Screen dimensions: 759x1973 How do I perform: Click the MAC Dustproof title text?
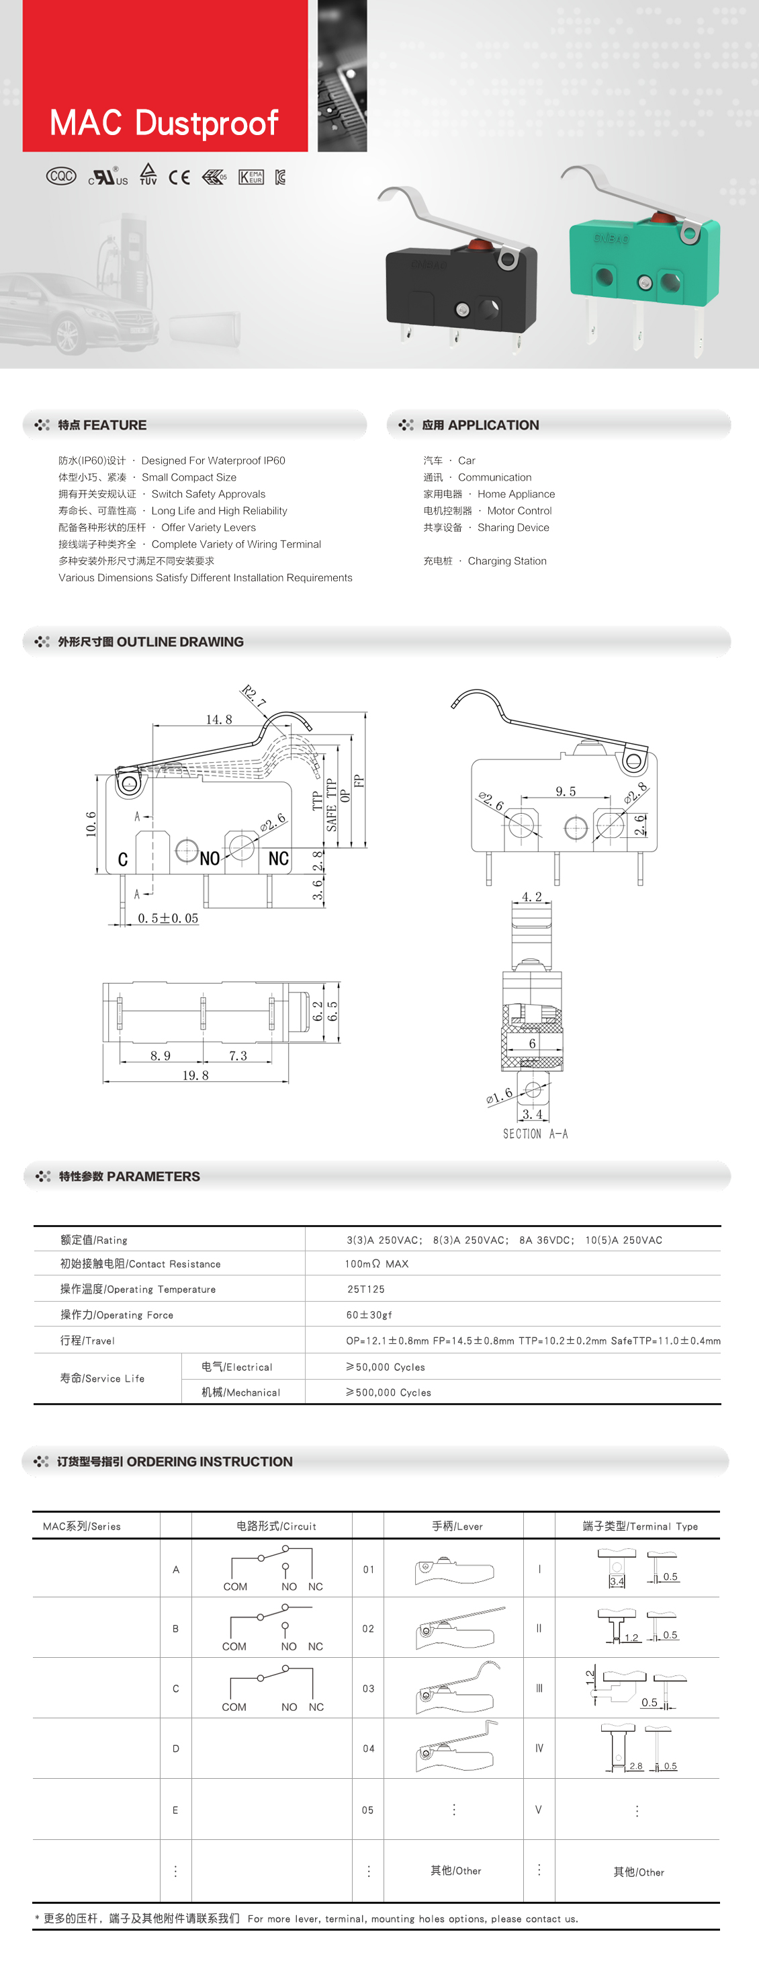click(x=164, y=122)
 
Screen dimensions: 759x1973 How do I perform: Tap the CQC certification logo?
click(x=61, y=176)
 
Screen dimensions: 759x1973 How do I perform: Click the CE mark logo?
click(x=179, y=177)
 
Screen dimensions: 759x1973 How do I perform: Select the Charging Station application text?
click(x=507, y=560)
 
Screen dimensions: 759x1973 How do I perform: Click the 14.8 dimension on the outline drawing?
click(x=218, y=719)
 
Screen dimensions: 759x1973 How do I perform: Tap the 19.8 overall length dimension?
click(x=195, y=1075)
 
